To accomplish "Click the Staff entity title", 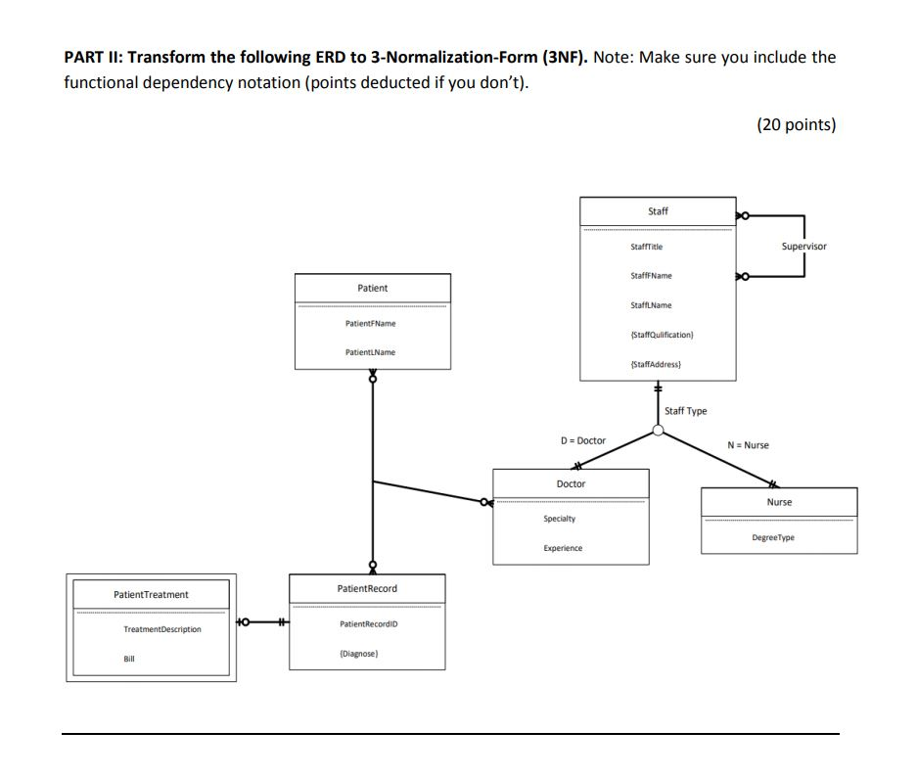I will (658, 211).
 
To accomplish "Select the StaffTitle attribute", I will (647, 247).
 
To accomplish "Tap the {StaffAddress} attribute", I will (656, 364).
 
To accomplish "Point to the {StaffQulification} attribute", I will (662, 335).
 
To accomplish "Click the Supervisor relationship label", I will (803, 247).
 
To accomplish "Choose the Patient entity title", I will (372, 288).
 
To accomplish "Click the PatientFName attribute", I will (371, 323).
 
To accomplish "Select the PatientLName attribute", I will (371, 351).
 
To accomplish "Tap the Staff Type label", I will (685, 411).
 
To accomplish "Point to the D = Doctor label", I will (582, 440).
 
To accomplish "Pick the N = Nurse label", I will (748, 445).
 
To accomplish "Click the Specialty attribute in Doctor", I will (560, 518).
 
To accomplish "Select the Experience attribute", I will (563, 548).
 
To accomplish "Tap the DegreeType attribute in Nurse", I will (773, 537).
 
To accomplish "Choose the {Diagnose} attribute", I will (358, 653).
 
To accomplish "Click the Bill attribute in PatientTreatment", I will (128, 659).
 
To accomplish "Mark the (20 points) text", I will (796, 124).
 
